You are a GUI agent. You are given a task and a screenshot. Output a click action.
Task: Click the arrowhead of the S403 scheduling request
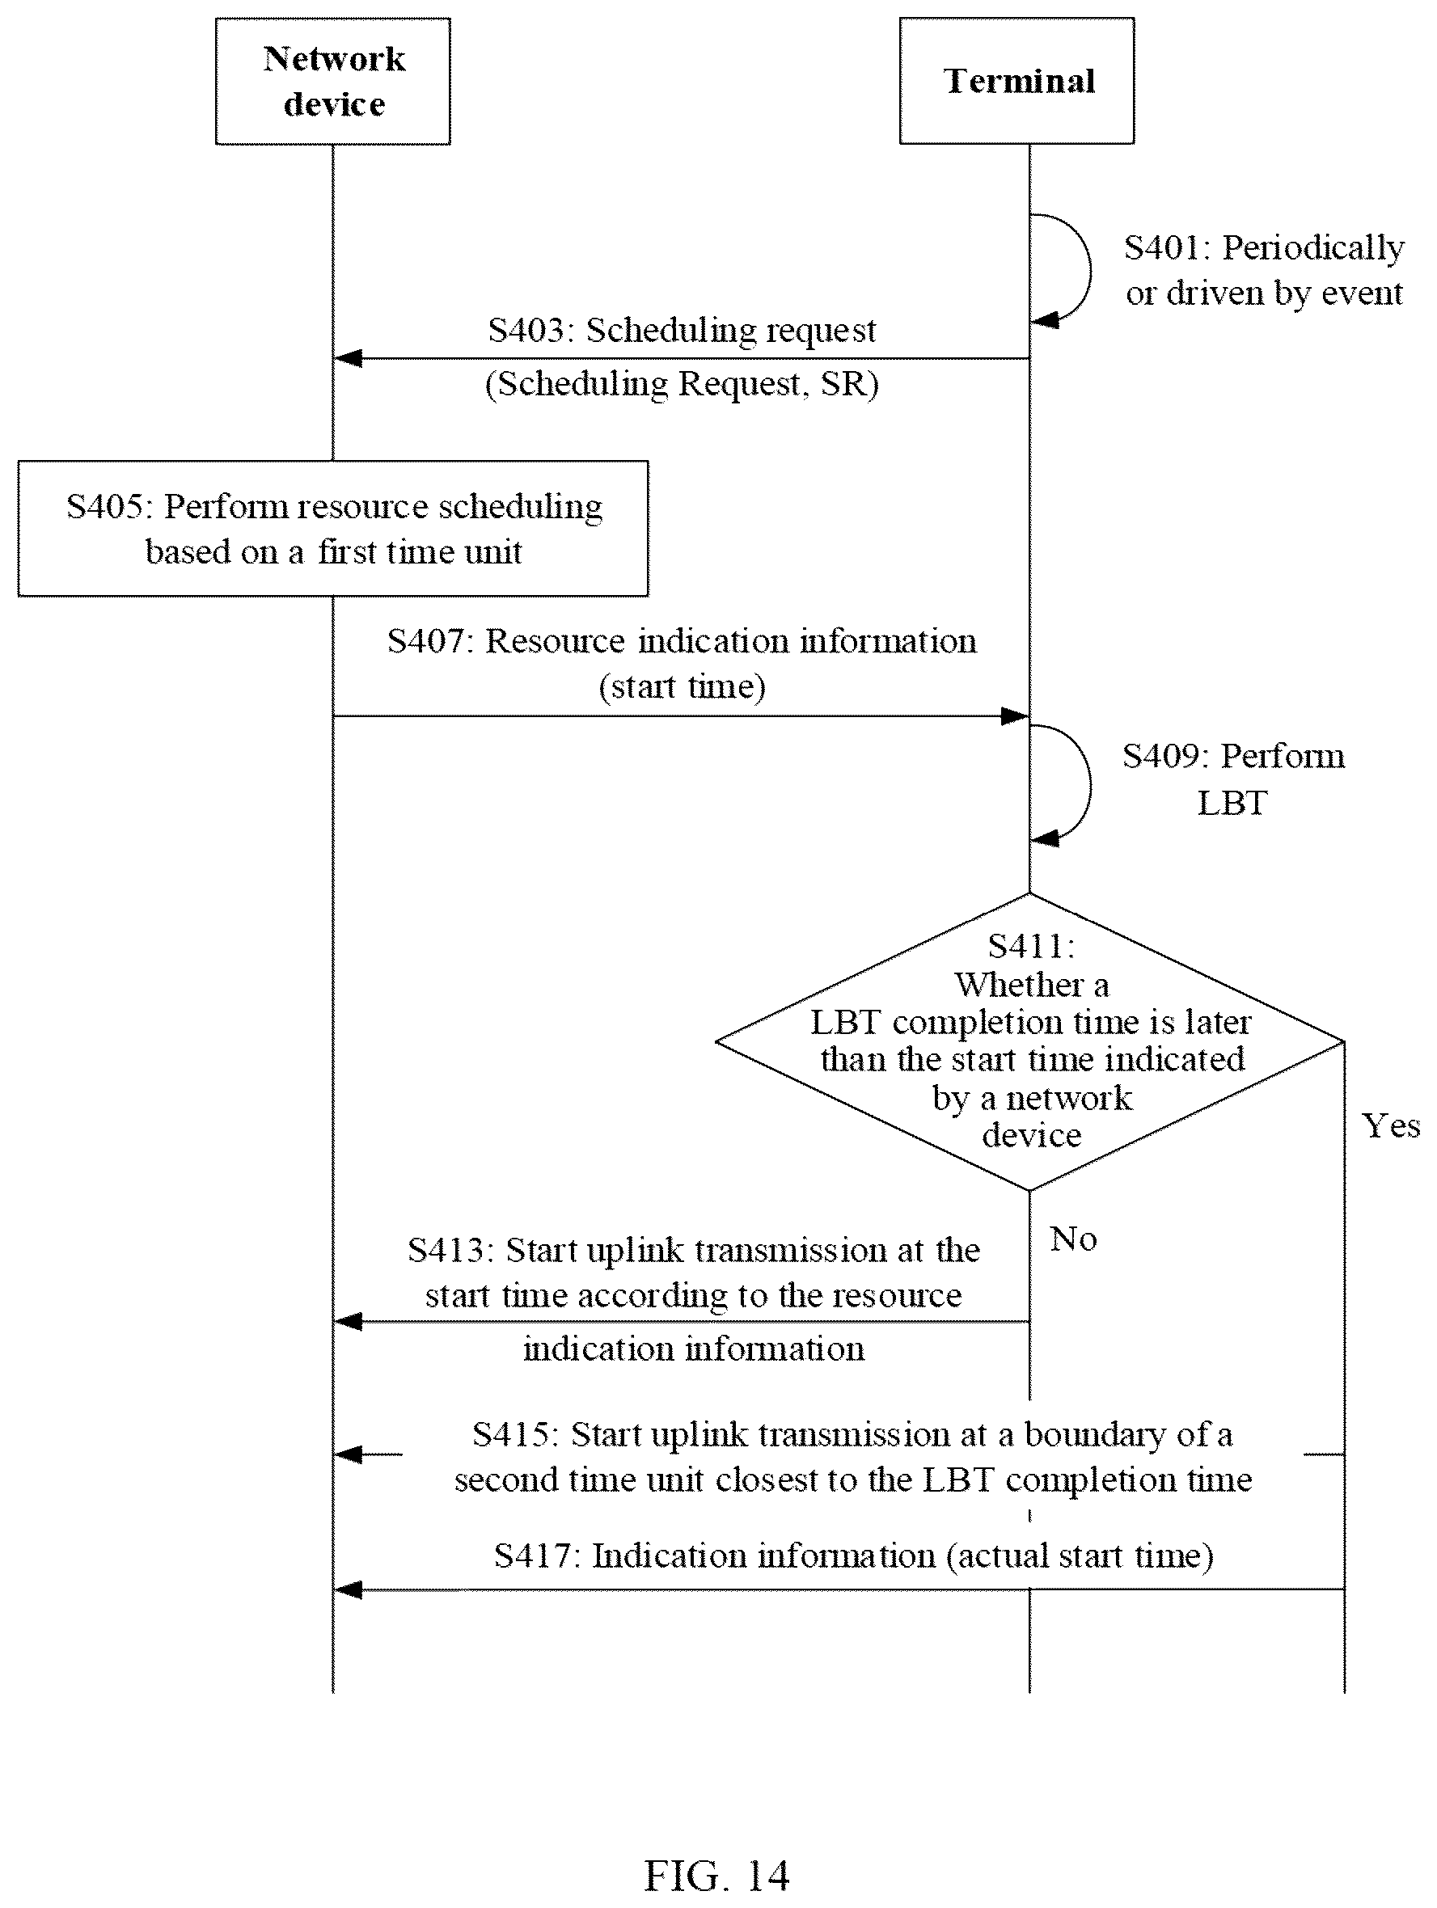click(348, 358)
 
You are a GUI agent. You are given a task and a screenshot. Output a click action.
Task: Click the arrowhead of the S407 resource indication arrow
click(1014, 716)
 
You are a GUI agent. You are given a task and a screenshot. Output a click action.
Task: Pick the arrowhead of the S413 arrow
click(348, 1322)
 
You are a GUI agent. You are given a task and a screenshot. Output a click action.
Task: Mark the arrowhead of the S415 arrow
click(348, 1455)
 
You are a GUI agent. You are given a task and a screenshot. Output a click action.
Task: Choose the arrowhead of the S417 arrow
click(348, 1589)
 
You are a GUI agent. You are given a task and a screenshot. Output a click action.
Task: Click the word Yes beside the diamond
click(1390, 1125)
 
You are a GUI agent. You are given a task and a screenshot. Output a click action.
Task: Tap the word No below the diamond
click(1073, 1239)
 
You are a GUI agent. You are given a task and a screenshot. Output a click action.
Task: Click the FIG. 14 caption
click(716, 1876)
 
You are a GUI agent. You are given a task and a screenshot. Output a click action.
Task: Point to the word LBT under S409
click(1232, 803)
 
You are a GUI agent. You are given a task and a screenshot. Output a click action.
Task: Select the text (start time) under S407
click(682, 686)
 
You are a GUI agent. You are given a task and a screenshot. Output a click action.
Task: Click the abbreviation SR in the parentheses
click(849, 384)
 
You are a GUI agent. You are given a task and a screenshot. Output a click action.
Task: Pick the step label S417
click(534, 1556)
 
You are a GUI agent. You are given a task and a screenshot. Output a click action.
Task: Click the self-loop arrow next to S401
click(1089, 270)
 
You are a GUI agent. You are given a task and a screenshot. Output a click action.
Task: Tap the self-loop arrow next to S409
click(1089, 785)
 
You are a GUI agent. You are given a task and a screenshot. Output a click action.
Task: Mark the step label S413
click(447, 1250)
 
